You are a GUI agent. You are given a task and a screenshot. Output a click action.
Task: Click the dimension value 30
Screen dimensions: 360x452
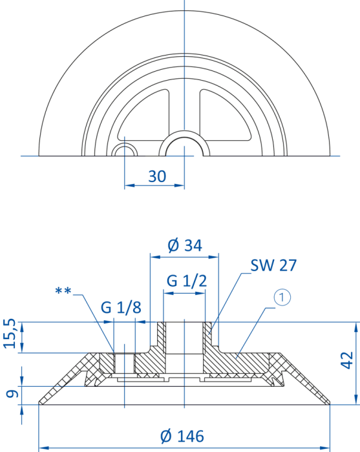[157, 176]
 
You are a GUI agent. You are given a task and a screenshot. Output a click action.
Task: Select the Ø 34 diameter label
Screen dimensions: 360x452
[185, 245]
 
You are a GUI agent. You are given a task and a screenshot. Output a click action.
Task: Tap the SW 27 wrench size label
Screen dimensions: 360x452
[273, 265]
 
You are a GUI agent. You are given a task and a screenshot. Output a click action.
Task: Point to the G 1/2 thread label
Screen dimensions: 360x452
[187, 280]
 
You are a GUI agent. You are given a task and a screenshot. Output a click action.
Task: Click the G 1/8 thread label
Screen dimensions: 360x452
[121, 307]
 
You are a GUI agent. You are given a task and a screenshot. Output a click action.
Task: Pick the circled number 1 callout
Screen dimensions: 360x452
[282, 298]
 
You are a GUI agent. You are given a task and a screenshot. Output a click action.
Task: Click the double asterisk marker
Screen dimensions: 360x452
[63, 291]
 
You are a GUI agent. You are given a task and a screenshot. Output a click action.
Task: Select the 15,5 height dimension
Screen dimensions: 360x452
[10, 334]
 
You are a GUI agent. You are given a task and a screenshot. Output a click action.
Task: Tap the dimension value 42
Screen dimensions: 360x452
[347, 360]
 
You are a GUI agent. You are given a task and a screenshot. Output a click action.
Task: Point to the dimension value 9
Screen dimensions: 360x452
[12, 394]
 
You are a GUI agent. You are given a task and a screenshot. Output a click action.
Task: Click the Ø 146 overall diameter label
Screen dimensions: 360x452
[182, 436]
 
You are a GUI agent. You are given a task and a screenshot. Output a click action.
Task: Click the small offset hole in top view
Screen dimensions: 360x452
[124, 150]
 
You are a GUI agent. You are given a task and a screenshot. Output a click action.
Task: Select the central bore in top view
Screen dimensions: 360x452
[184, 147]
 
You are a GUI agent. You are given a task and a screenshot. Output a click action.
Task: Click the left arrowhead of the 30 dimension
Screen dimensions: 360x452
[129, 185]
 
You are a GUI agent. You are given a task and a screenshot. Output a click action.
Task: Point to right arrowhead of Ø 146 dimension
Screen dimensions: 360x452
[325, 448]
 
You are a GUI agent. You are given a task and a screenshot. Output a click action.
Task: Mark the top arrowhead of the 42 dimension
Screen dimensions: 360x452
[357, 327]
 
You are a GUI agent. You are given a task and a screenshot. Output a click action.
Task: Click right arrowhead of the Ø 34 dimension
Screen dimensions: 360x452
[214, 256]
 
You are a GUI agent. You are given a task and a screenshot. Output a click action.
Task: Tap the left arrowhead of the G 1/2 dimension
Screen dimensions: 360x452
[169, 293]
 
